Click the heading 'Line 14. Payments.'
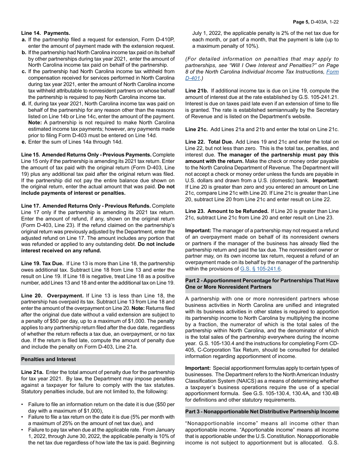coord(45,33)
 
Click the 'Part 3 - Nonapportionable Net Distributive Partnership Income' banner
coord(262,412)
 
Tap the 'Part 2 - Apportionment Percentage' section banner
coord(262,284)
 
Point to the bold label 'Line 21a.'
coord(32,372)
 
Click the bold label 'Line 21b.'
coord(197,91)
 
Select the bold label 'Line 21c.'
coord(197,130)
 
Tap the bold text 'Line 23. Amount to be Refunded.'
coord(227,211)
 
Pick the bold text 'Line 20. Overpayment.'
coord(52,296)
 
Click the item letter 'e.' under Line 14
coord(24,142)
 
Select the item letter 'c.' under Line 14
coord(24,71)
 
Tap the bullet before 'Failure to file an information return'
coord(22,404)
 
